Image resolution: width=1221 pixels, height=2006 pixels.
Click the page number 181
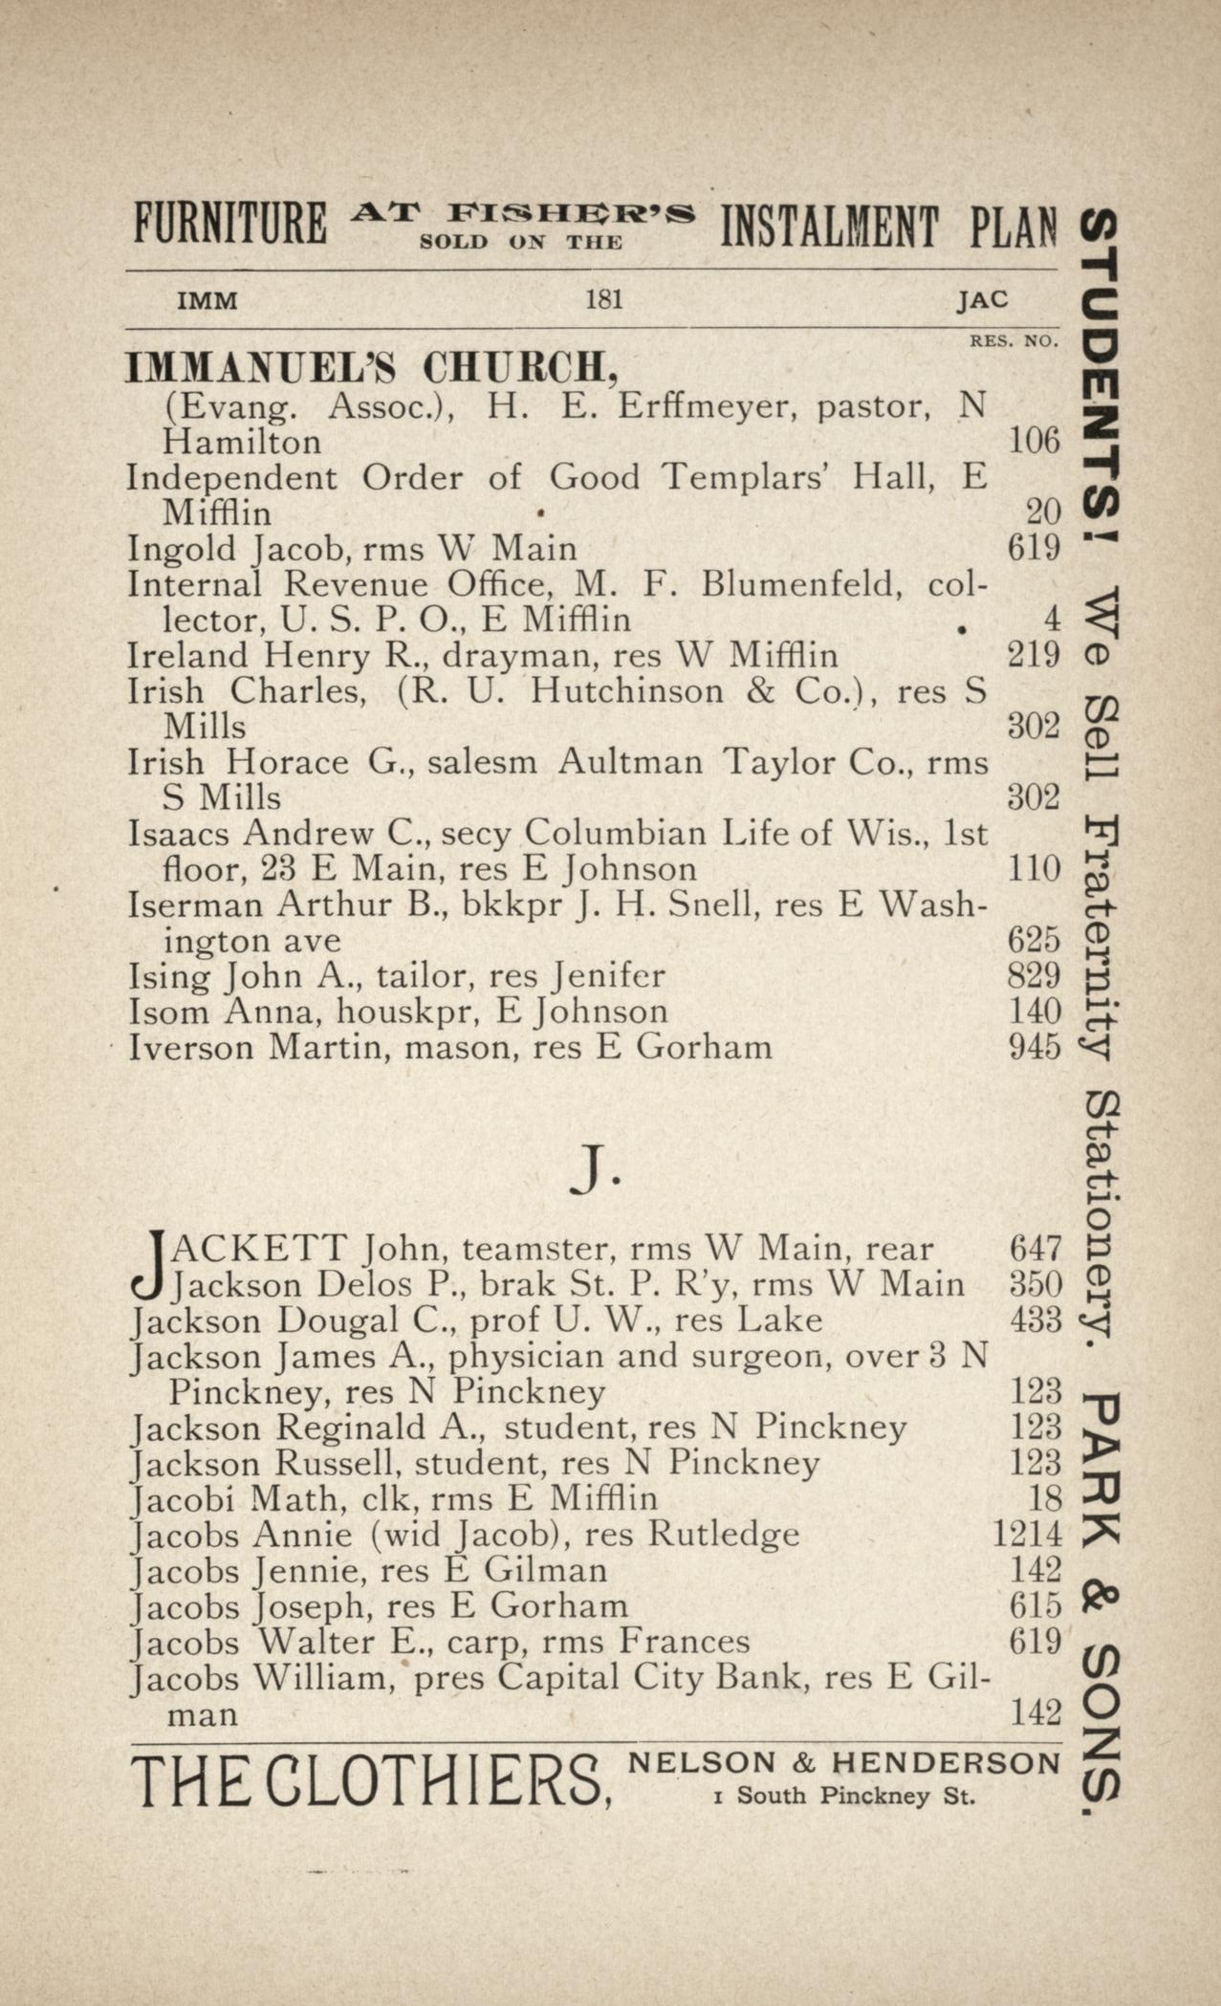coord(603,300)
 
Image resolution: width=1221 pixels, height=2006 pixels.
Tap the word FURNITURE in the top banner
coord(229,225)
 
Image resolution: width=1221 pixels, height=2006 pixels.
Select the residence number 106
coord(1035,442)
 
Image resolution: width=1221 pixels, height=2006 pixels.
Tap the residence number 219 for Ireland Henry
coord(1035,655)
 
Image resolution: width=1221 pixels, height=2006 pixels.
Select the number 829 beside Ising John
coord(1035,975)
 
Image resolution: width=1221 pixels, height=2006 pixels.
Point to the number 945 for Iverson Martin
coord(1035,1047)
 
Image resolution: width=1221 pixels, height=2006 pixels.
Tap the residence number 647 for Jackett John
coord(1036,1248)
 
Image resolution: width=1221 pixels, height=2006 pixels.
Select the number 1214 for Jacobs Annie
coord(1027,1536)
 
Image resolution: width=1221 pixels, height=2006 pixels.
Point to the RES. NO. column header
coord(1014,340)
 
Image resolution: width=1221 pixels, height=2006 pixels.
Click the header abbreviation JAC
coord(983,300)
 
